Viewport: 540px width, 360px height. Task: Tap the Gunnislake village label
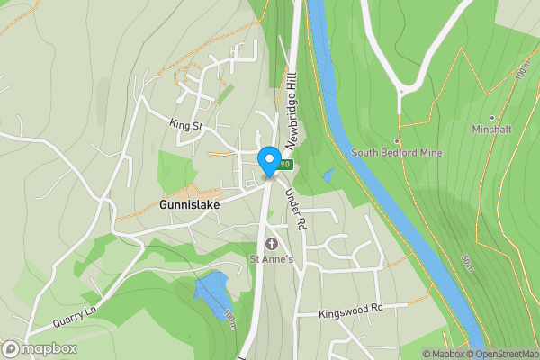[190, 204]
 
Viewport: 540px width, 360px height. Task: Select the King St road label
[186, 124]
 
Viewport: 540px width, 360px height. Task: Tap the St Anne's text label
[272, 259]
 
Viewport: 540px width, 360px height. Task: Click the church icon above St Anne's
[272, 244]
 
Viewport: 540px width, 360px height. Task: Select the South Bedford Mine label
[397, 153]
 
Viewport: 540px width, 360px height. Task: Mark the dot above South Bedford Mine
[396, 141]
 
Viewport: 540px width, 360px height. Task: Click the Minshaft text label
[491, 129]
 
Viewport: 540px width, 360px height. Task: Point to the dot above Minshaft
[491, 117]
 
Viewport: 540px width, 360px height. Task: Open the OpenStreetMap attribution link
[501, 354]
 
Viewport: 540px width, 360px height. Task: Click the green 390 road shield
[285, 165]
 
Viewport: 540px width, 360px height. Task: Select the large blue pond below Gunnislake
[212, 293]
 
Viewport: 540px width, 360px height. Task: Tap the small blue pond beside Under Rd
[328, 175]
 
